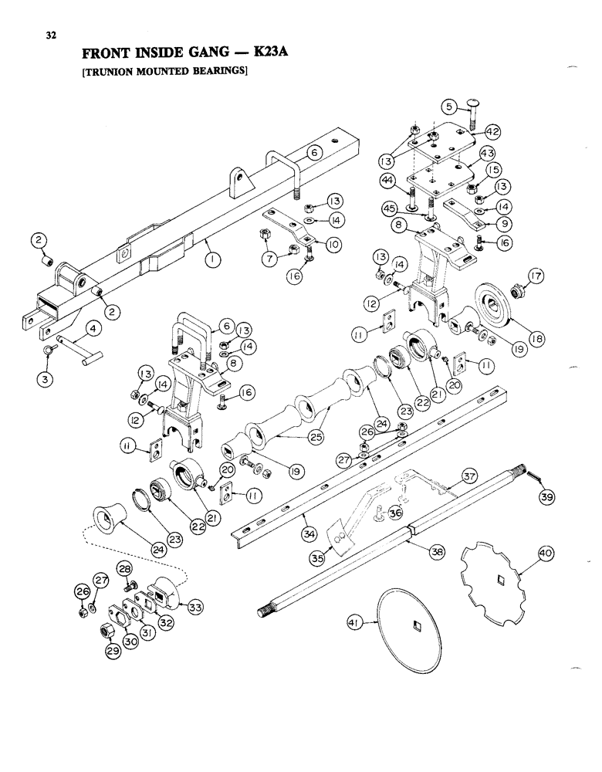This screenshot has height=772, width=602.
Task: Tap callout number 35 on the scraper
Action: point(337,551)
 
